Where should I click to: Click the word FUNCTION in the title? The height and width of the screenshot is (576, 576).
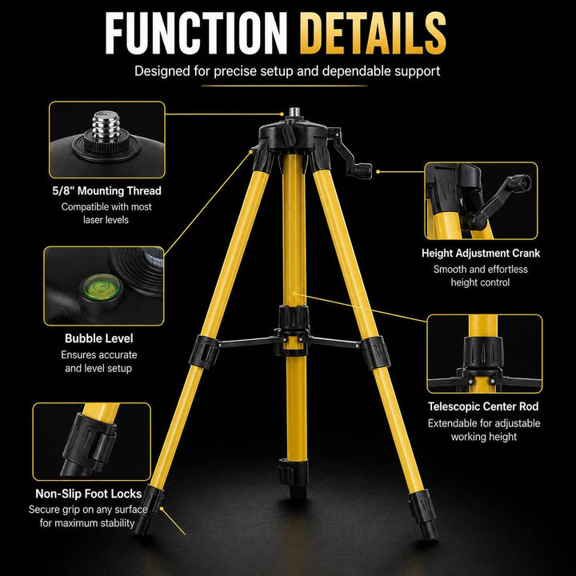(196, 34)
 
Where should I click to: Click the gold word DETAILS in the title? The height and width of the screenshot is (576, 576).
(373, 34)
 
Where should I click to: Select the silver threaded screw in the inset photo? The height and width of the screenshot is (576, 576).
(106, 126)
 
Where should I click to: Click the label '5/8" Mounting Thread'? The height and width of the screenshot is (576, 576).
(107, 190)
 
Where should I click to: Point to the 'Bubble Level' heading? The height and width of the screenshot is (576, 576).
(99, 338)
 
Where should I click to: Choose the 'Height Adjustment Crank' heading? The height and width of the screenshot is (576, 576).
(481, 253)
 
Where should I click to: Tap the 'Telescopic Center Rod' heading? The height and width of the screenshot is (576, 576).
(483, 406)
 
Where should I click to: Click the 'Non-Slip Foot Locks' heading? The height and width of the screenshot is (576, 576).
(89, 494)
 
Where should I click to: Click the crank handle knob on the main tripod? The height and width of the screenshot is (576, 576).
(363, 171)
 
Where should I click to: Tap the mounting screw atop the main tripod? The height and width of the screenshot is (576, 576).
(294, 112)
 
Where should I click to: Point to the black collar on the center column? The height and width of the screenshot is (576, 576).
(293, 318)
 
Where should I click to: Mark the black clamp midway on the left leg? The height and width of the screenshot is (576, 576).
(204, 352)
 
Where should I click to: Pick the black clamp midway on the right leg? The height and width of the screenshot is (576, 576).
(376, 353)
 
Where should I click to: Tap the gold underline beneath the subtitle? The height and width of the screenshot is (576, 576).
(284, 86)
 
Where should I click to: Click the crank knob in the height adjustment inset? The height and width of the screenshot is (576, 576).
(519, 182)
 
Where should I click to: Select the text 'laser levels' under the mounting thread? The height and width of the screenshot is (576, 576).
(106, 220)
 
